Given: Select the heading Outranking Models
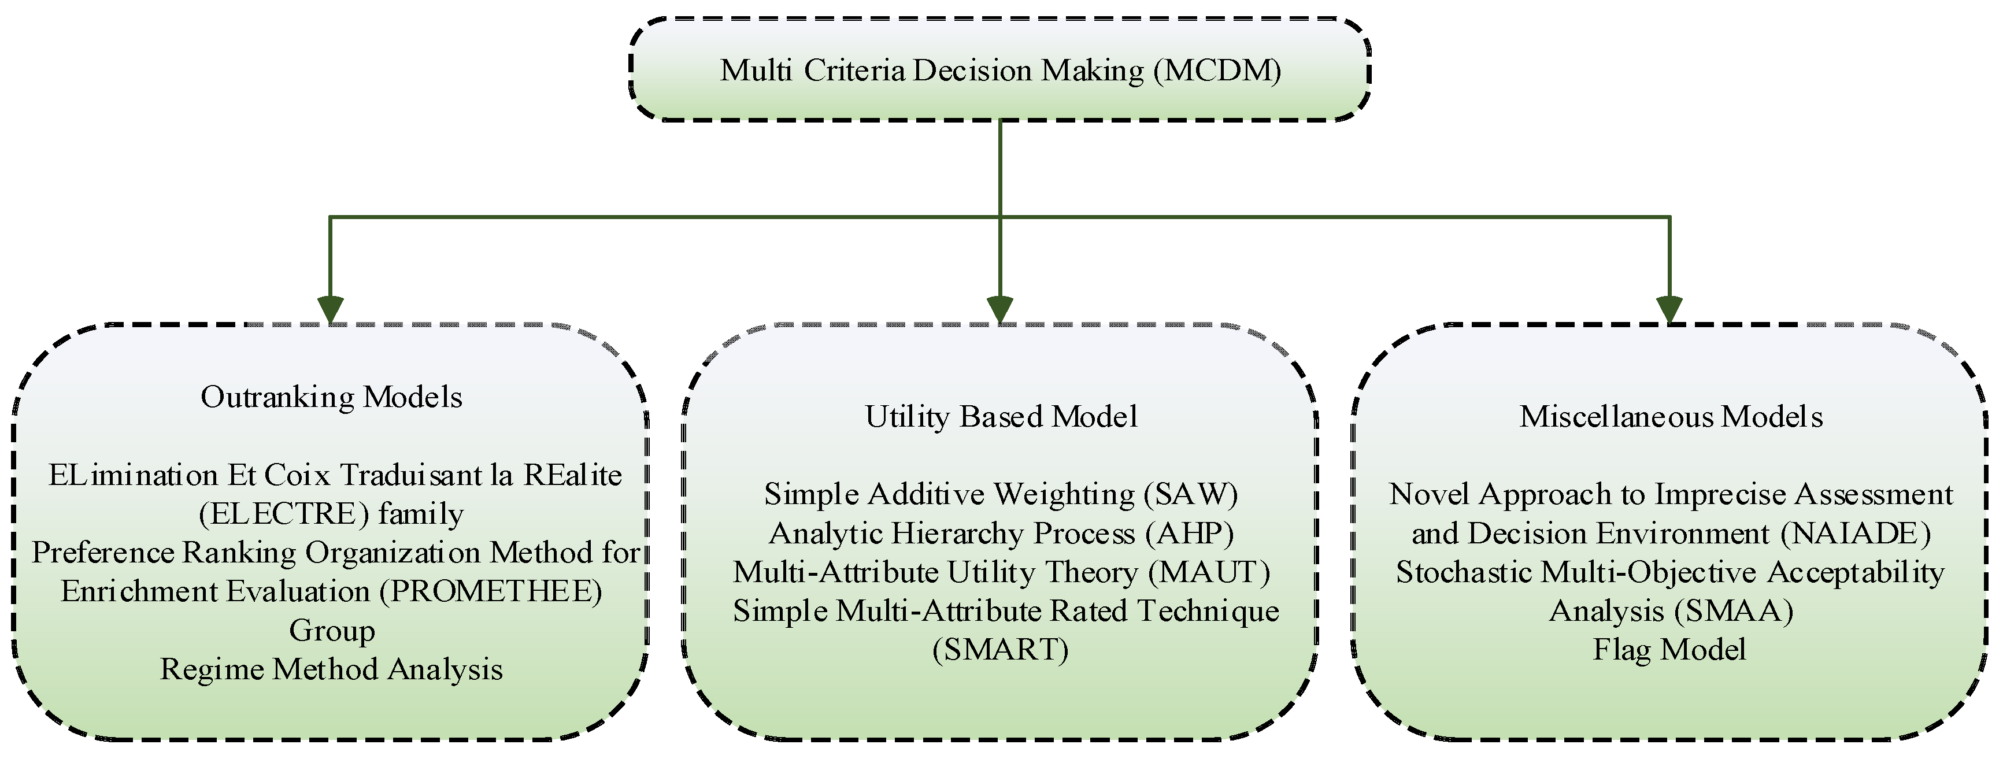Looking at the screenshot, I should click(x=332, y=397).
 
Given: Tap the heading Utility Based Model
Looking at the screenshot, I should click(x=1001, y=417).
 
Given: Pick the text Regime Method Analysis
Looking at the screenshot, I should click(x=332, y=669).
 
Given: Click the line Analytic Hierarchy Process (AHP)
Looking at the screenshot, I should click(x=1001, y=534).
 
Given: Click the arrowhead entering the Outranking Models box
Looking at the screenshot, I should click(x=331, y=309).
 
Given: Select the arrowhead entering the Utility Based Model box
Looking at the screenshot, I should click(x=1000, y=309).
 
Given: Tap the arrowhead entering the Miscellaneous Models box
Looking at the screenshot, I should click(x=1669, y=309).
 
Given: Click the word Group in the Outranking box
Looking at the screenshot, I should click(x=332, y=631).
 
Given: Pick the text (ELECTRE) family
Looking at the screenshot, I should click(x=332, y=514).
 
